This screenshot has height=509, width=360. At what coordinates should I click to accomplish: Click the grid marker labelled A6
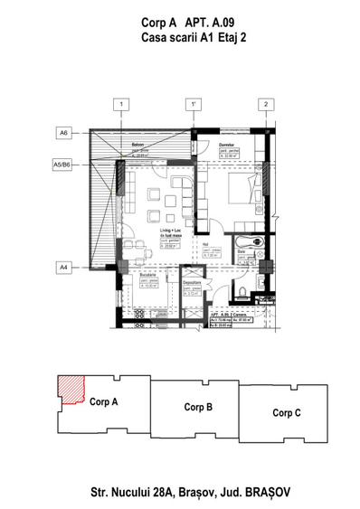[x=63, y=133]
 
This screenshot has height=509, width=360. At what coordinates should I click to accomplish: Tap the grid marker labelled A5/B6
[x=63, y=165]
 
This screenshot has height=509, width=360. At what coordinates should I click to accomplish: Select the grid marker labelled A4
[x=63, y=267]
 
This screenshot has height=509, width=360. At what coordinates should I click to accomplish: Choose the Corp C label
[x=288, y=412]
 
